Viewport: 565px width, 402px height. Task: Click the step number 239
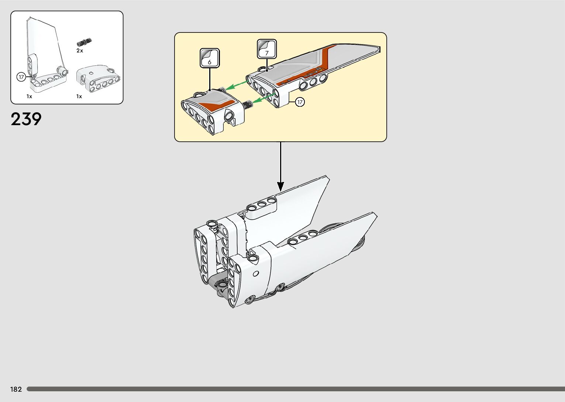click(x=26, y=119)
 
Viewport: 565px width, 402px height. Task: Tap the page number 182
click(x=16, y=389)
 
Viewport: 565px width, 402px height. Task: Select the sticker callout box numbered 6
click(x=210, y=58)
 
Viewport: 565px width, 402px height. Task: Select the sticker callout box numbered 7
click(x=267, y=49)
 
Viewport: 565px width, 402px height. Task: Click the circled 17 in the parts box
click(x=21, y=77)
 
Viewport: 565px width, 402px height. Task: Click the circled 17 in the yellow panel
click(x=300, y=102)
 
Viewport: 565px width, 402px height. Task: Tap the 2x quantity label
click(x=80, y=51)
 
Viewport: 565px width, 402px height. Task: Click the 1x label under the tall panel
click(x=29, y=96)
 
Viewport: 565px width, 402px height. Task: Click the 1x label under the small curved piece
click(x=79, y=96)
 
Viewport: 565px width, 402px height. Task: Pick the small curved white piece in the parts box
click(x=98, y=78)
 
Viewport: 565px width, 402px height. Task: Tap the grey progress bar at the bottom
click(x=295, y=389)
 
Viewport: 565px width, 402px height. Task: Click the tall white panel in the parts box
click(x=44, y=48)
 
